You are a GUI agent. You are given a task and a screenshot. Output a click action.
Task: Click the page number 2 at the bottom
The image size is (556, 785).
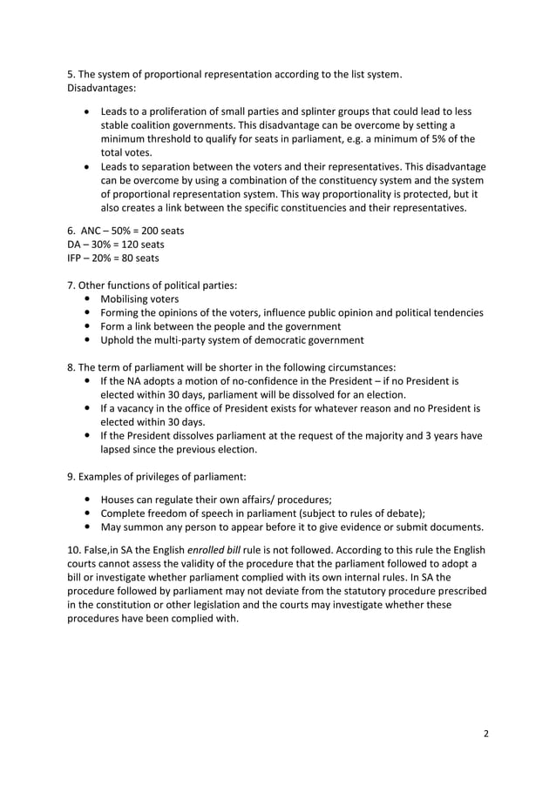pyautogui.click(x=486, y=732)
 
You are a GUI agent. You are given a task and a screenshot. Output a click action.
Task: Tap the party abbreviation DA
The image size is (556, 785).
pyautogui.click(x=76, y=244)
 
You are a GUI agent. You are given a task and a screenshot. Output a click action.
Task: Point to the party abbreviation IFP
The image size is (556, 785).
pyautogui.click(x=76, y=258)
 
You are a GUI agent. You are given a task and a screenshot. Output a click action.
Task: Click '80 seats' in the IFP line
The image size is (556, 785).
pyautogui.click(x=135, y=258)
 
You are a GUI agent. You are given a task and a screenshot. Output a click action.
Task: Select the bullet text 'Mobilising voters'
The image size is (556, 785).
pyautogui.click(x=139, y=299)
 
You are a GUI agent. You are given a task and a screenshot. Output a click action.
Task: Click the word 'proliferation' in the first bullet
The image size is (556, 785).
pyautogui.click(x=196, y=111)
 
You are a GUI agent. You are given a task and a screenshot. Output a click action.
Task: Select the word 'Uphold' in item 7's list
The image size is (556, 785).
pyautogui.click(x=119, y=339)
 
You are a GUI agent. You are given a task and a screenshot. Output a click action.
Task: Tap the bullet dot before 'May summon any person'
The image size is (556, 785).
pyautogui.click(x=89, y=527)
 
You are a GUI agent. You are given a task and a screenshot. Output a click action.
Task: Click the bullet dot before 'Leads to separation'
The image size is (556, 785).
pyautogui.click(x=89, y=166)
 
